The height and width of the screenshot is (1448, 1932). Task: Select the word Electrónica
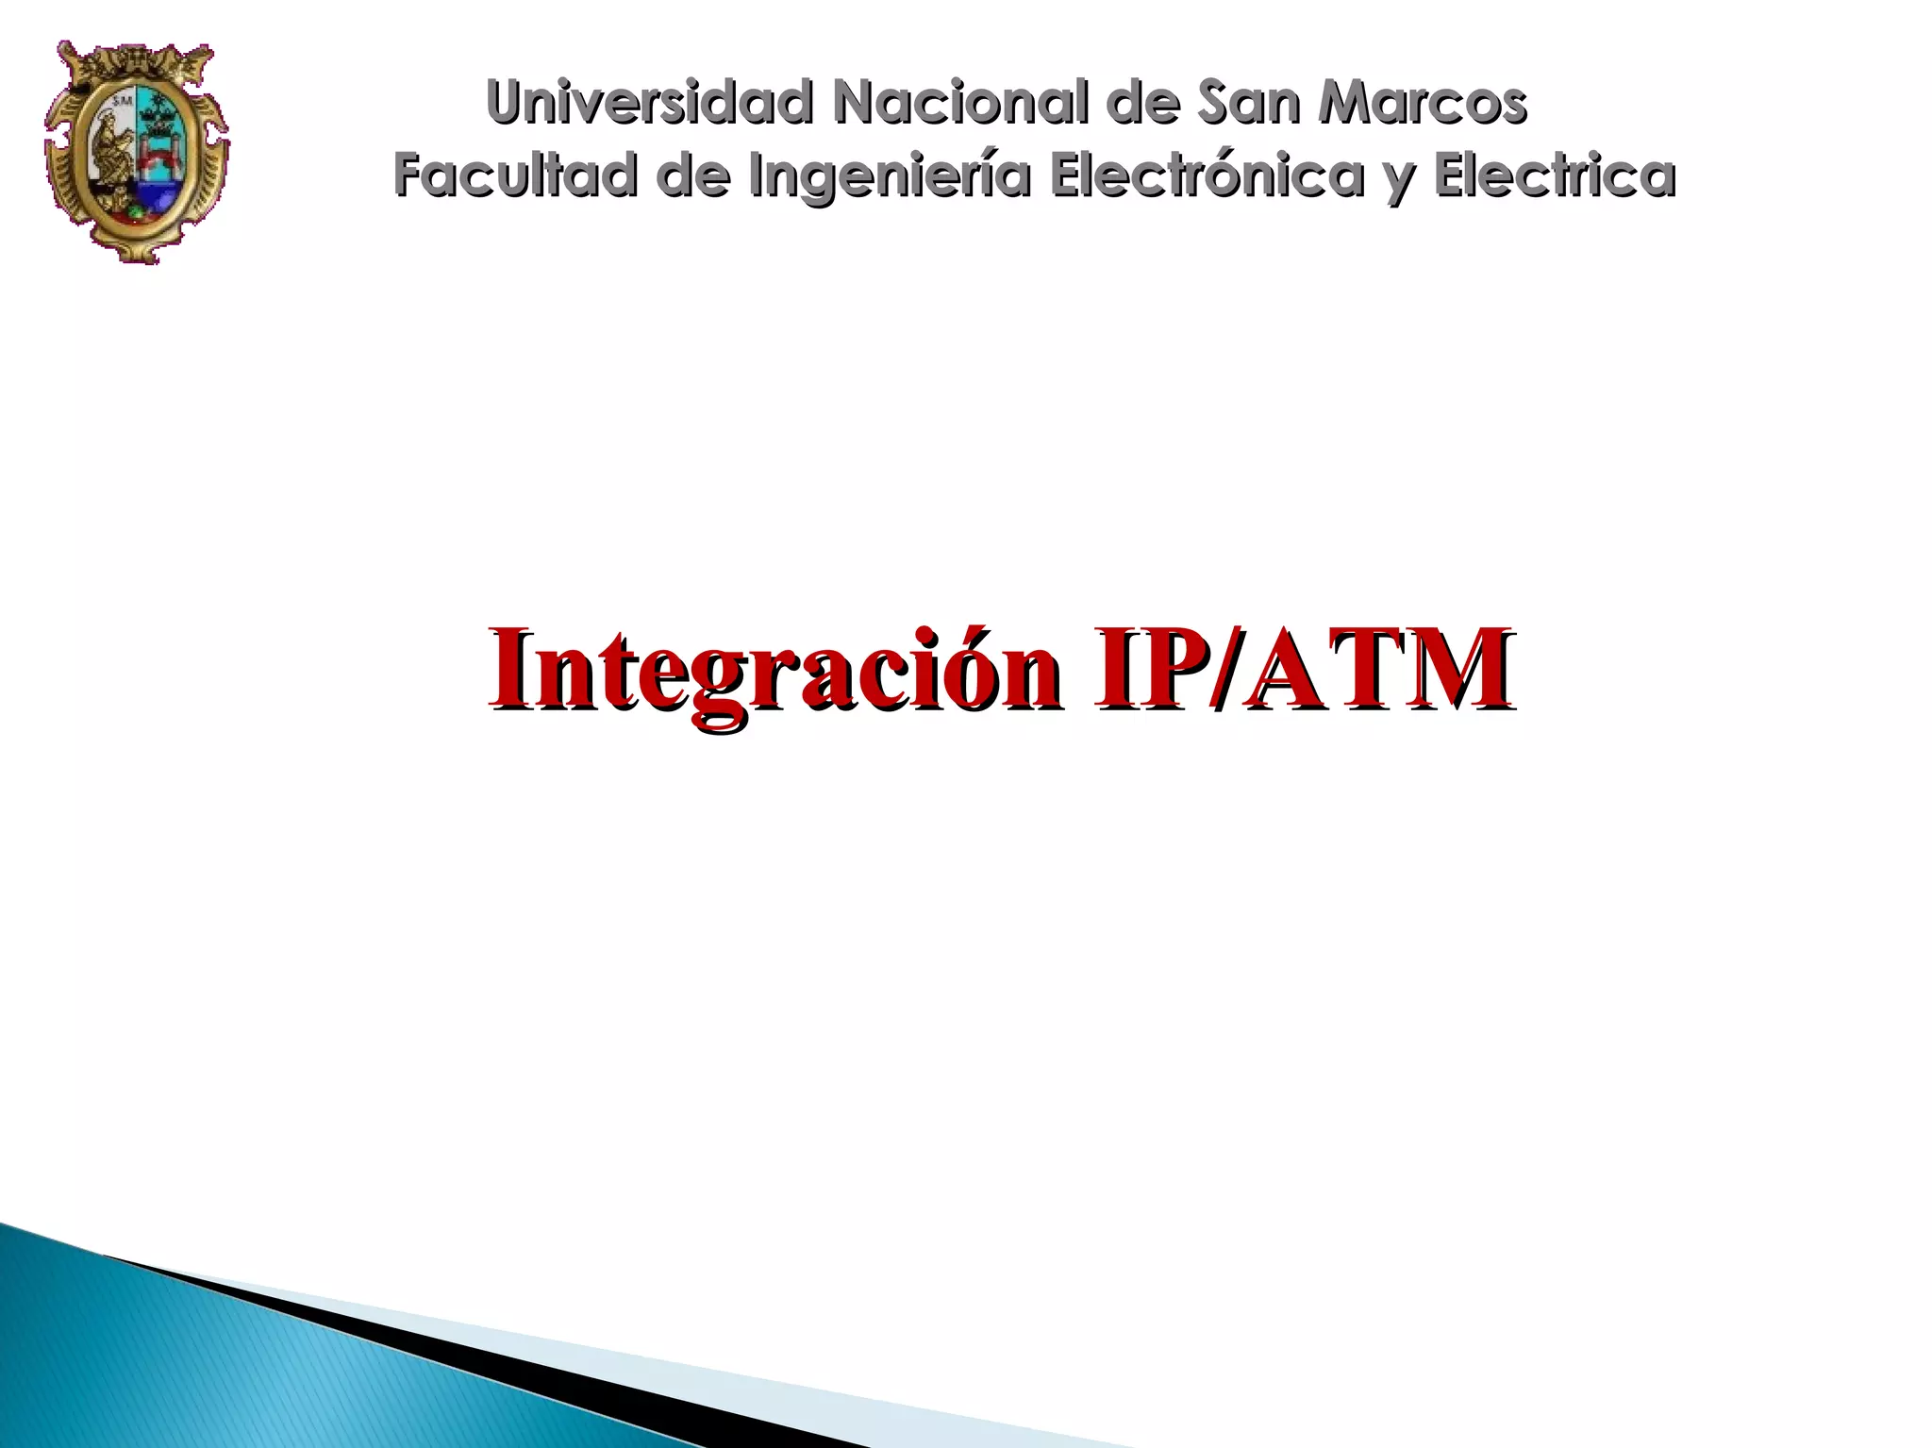coord(1207,175)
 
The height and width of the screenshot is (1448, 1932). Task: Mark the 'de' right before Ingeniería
coord(693,175)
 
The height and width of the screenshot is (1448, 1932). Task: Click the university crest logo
coord(137,151)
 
